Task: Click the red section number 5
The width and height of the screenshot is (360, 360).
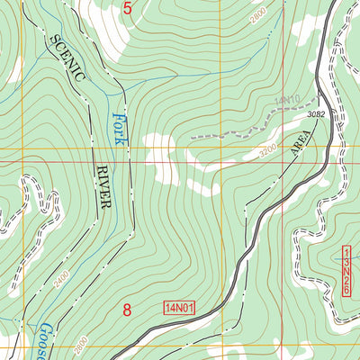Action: pyautogui.click(x=127, y=10)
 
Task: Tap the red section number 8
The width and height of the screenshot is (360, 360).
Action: pyautogui.click(x=127, y=310)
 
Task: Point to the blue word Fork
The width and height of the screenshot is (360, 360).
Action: pyautogui.click(x=118, y=129)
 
